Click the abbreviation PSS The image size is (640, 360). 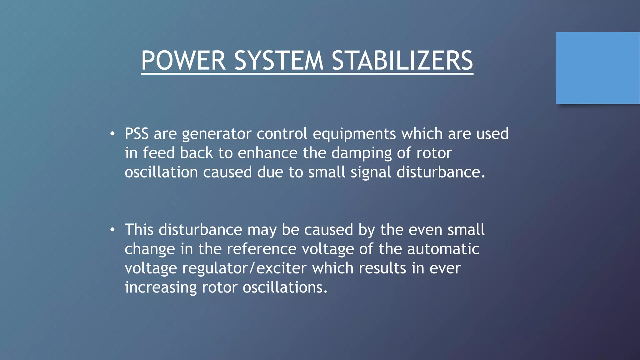coord(137,134)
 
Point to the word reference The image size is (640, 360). coord(262,249)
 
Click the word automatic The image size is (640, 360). coord(443,249)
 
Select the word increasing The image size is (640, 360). coord(161,288)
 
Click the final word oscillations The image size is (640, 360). coord(285,287)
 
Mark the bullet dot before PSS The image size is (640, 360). coord(112,134)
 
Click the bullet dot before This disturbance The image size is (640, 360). coord(112,230)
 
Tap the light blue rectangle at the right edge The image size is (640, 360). coord(597,68)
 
